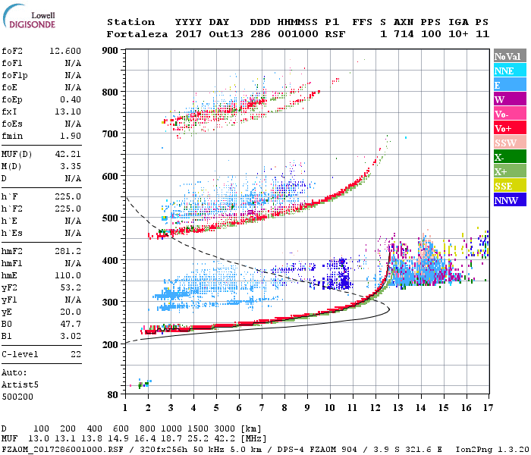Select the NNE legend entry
click(507, 71)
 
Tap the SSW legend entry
click(507, 143)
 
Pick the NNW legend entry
click(507, 200)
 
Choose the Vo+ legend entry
click(507, 128)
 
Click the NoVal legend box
click(507, 56)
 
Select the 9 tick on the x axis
click(307, 407)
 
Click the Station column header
click(130, 22)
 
